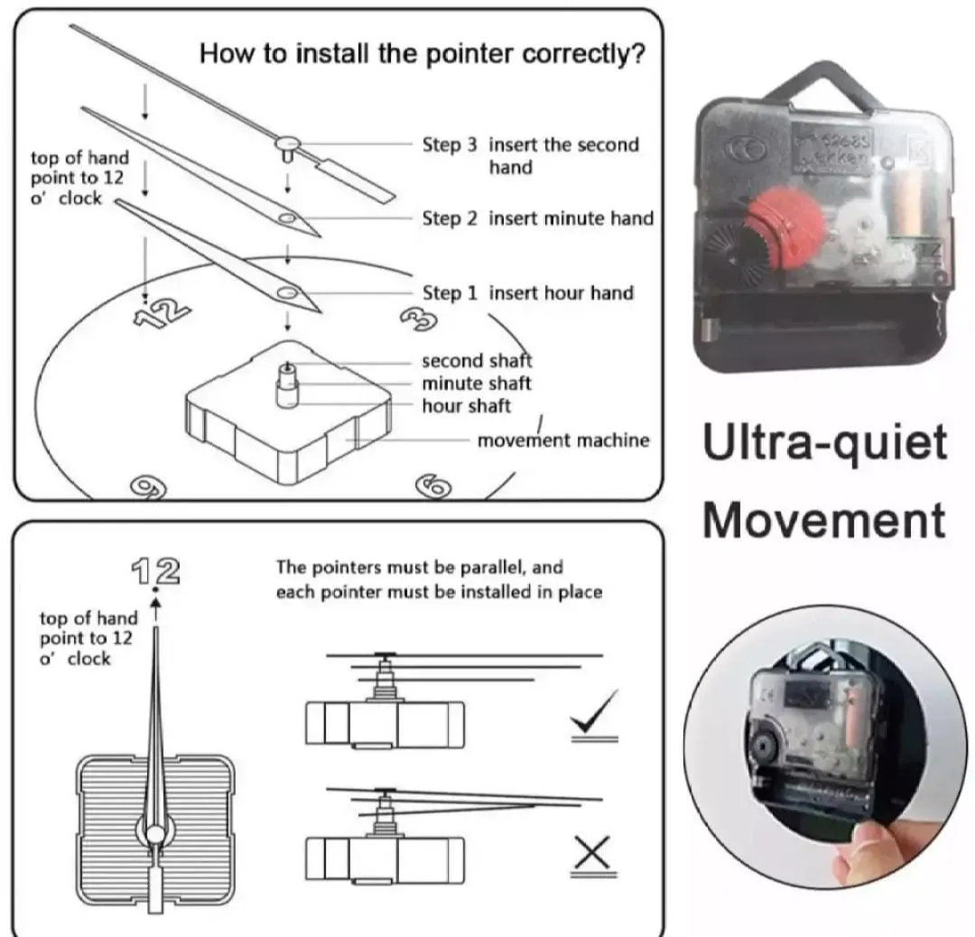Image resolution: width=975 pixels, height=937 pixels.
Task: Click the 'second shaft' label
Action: point(477,361)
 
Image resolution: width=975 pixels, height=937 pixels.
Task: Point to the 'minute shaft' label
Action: point(477,384)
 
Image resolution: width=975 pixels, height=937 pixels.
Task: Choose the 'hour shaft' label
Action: point(466,406)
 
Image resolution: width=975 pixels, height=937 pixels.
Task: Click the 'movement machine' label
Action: point(562,441)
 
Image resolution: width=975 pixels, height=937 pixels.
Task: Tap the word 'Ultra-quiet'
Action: point(825,443)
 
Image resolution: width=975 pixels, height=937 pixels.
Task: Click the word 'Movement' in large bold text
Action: point(824,520)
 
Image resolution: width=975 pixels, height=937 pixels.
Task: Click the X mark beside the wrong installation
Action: point(592,851)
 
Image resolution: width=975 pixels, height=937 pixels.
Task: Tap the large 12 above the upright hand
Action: point(155,571)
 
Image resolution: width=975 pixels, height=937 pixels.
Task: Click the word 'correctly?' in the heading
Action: point(586,54)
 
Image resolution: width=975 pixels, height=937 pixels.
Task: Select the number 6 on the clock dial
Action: point(433,487)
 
